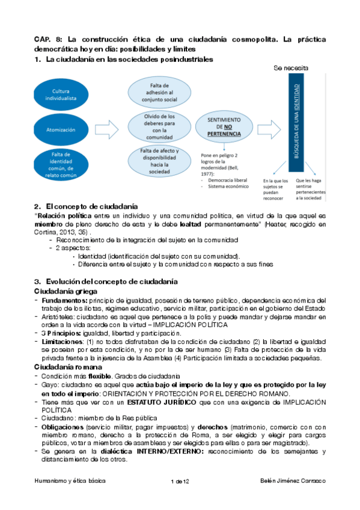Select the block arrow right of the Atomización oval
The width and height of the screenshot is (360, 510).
pos(108,128)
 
